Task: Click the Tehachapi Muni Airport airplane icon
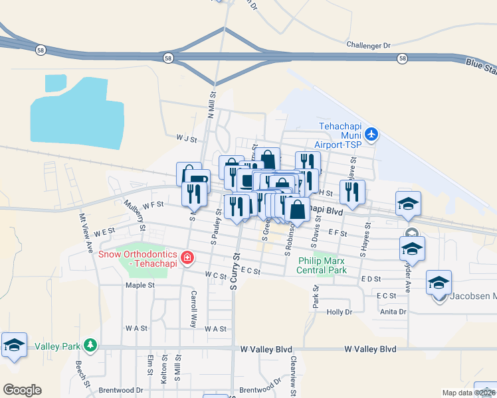point(371,135)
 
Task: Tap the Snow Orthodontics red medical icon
point(187,257)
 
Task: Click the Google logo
point(22,390)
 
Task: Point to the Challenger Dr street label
point(368,45)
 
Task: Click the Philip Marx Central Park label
point(322,265)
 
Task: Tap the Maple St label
point(140,285)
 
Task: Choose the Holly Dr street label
point(339,311)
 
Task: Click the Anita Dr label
point(393,311)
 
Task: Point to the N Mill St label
point(211,105)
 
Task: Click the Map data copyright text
point(468,393)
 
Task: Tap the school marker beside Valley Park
point(14,346)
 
